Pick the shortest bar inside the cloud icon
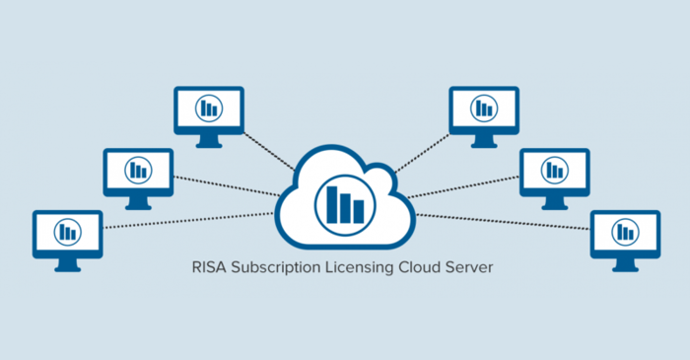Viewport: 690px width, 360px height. (359, 209)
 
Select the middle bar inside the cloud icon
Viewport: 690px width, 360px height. (346, 205)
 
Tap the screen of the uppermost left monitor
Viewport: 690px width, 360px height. (208, 107)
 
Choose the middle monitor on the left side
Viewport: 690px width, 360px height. (138, 170)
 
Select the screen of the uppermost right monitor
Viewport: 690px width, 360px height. (483, 107)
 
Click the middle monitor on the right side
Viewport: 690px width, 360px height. (554, 170)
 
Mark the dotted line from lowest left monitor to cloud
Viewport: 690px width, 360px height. (187, 220)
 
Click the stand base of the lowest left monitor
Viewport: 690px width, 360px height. (67, 268)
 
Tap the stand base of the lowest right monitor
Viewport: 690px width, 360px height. (625, 268)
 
